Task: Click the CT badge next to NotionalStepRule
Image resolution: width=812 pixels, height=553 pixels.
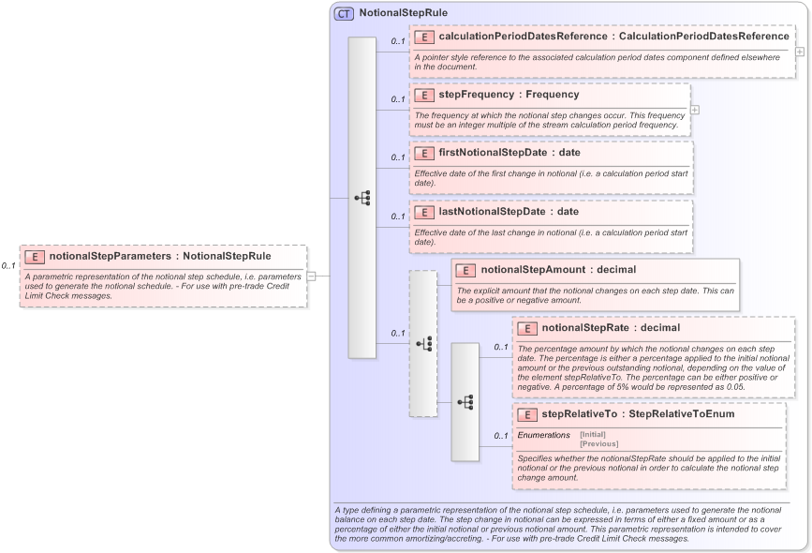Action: (x=344, y=13)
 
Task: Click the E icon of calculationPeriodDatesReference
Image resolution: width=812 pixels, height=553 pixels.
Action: (x=424, y=37)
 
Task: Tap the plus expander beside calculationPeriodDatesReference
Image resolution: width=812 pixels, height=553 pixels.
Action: (x=799, y=51)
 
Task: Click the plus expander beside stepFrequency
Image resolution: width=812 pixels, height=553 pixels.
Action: (x=694, y=109)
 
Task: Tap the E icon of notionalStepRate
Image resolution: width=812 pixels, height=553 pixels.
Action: (x=527, y=329)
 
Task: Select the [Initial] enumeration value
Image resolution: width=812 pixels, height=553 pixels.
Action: (x=593, y=435)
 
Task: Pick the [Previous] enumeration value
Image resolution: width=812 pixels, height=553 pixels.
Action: (x=599, y=443)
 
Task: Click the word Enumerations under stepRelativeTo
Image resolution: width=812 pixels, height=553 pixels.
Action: (x=543, y=435)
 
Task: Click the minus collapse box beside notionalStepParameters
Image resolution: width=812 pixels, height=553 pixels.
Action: (x=311, y=276)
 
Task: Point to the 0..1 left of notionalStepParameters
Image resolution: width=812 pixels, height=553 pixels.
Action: (x=8, y=266)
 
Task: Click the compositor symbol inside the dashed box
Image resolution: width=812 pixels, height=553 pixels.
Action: (x=423, y=344)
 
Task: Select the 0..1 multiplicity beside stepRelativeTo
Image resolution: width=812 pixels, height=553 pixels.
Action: (x=501, y=435)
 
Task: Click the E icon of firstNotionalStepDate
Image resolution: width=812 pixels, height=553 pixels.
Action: (x=424, y=153)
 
